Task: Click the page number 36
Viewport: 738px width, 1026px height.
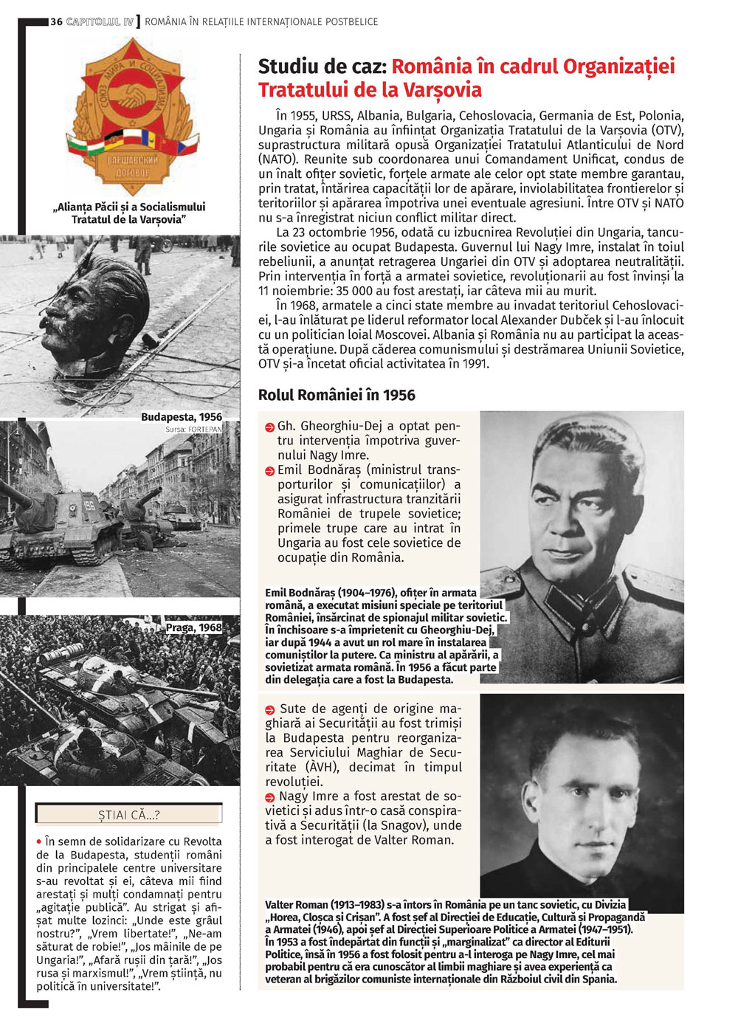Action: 56,22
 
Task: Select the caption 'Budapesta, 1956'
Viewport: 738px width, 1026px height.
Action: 181,417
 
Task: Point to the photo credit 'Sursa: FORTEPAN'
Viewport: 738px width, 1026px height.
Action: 193,429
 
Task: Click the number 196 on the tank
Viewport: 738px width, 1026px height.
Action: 90,506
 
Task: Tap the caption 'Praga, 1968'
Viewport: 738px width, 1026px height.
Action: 193,627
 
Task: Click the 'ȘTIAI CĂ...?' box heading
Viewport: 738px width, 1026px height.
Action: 129,815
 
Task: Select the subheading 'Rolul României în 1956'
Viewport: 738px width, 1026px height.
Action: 337,395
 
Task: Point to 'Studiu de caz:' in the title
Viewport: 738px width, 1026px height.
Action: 323,66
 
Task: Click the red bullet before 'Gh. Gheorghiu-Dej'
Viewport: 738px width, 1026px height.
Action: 269,427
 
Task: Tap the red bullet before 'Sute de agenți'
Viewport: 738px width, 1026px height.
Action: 270,709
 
